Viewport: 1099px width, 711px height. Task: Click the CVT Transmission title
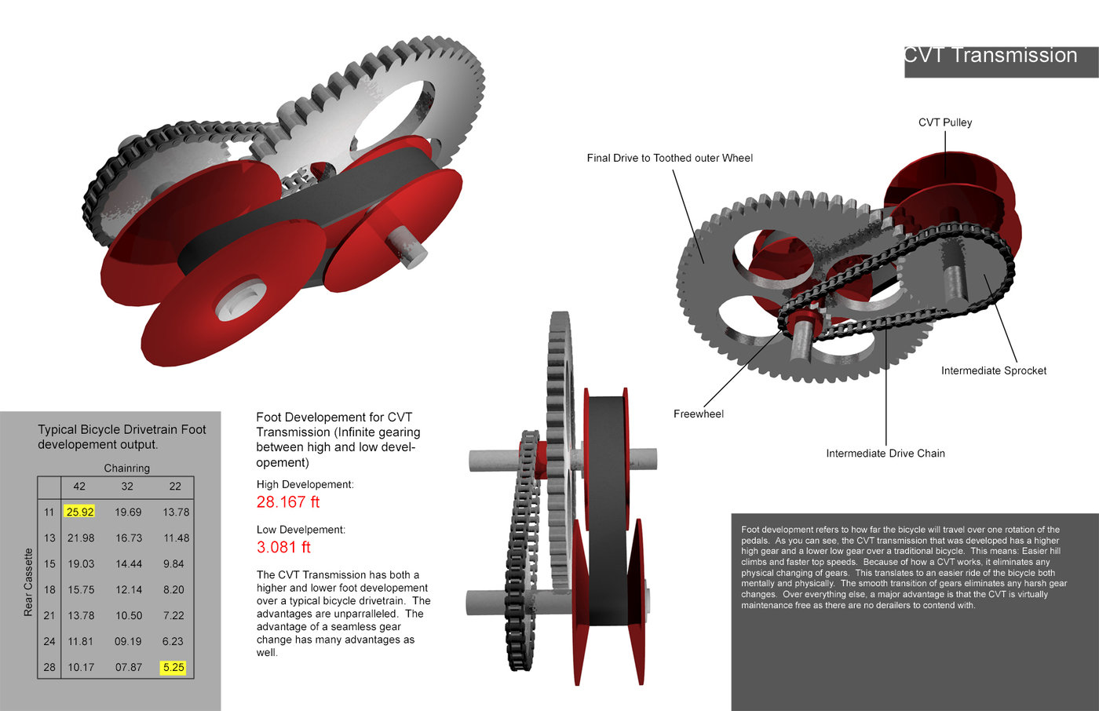click(x=991, y=56)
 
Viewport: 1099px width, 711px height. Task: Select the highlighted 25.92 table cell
click(x=79, y=512)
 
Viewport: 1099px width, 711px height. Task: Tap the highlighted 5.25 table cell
click(x=173, y=667)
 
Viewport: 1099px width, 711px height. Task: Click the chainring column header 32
click(x=127, y=487)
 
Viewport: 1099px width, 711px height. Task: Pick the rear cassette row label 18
click(x=49, y=589)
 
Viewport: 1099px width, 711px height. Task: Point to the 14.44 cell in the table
click(x=128, y=563)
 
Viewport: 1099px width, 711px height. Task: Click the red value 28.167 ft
click(x=288, y=502)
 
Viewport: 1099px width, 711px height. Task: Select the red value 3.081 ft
click(x=283, y=547)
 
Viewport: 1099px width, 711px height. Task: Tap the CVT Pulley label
click(x=945, y=122)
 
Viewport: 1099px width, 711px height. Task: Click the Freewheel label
click(x=699, y=414)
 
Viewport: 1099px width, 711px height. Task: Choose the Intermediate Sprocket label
click(x=994, y=370)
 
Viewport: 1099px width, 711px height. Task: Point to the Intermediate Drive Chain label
click(x=885, y=454)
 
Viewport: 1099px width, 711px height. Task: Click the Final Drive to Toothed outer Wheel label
click(x=670, y=159)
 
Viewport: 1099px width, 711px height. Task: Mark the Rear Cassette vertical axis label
click(x=29, y=582)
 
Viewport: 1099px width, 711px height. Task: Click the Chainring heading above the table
click(x=127, y=468)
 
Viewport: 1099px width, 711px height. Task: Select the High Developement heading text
click(x=305, y=485)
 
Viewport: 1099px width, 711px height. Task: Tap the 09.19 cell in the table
click(x=128, y=641)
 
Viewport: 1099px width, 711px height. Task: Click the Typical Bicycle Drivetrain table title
click(x=122, y=437)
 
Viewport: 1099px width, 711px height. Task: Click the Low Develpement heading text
click(x=301, y=530)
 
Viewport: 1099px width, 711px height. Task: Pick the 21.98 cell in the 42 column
click(x=81, y=538)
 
